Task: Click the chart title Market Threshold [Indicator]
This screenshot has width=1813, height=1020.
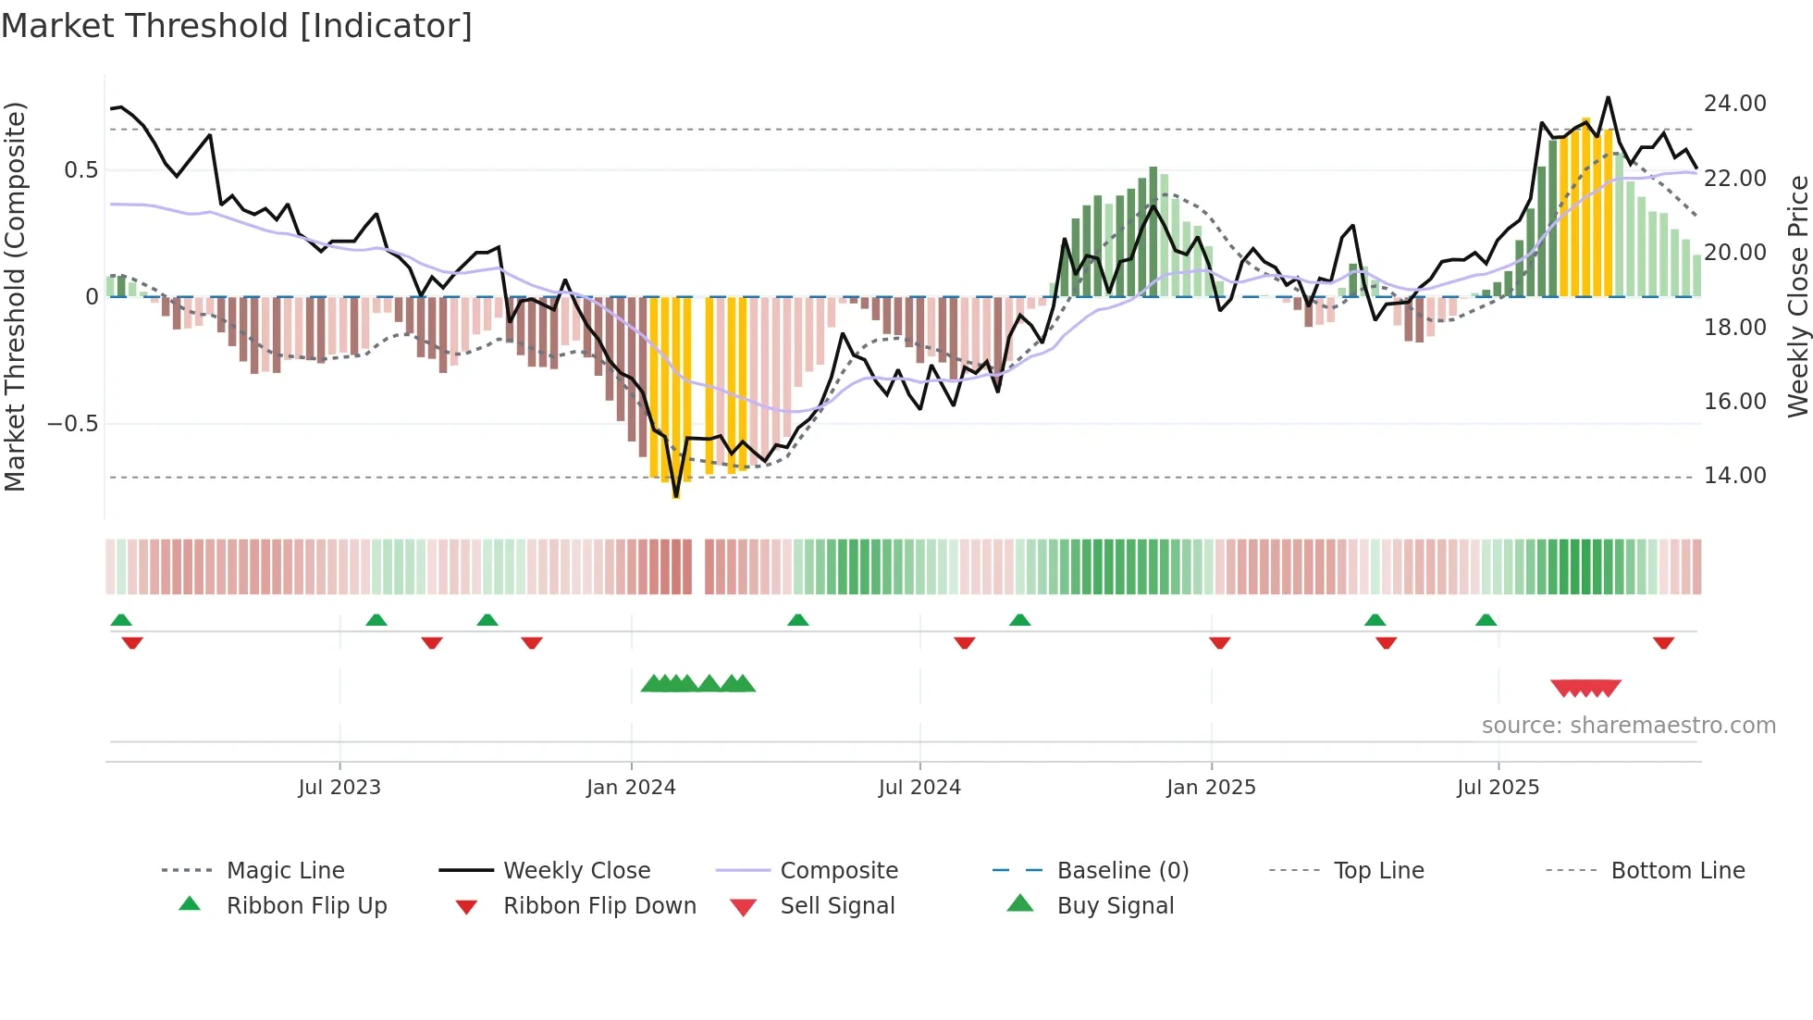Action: (237, 26)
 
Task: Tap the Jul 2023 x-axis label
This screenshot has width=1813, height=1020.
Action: (339, 788)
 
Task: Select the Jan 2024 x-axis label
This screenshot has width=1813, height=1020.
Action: (631, 788)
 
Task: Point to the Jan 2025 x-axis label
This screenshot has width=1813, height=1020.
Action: (1211, 788)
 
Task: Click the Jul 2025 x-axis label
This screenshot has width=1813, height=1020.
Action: (1498, 788)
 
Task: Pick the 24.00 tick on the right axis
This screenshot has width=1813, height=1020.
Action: (1734, 104)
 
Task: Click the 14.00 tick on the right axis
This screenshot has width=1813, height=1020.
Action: (1734, 476)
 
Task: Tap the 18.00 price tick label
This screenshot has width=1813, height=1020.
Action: (1734, 328)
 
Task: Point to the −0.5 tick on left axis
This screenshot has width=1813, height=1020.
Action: (72, 424)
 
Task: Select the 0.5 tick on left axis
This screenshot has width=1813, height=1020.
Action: (80, 170)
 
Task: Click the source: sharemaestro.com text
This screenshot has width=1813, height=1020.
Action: (1628, 726)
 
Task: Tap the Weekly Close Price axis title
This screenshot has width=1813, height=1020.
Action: (1797, 296)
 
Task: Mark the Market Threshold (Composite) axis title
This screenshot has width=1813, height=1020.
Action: (15, 296)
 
